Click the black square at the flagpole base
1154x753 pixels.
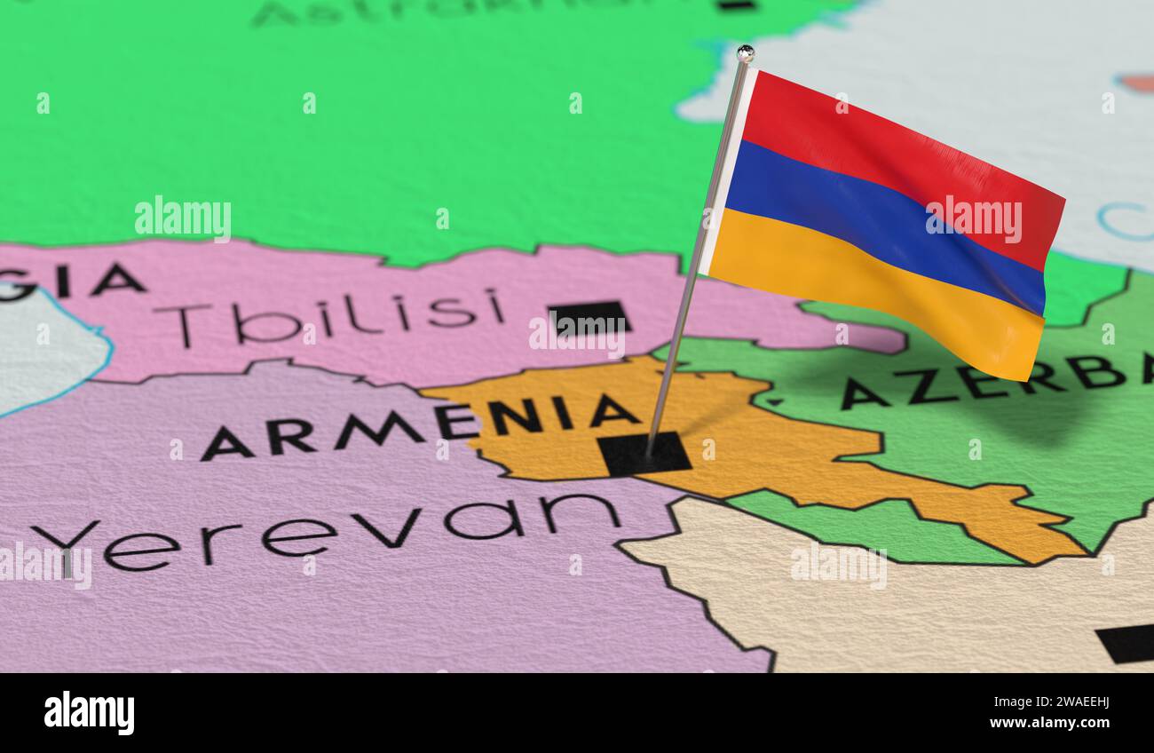644,454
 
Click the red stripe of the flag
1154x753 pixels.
897,155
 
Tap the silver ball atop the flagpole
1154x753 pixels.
745,53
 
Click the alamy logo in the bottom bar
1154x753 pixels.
89,712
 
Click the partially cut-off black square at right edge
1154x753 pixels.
1126,643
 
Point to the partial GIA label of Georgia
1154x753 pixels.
71,281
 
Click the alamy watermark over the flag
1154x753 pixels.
974,218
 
